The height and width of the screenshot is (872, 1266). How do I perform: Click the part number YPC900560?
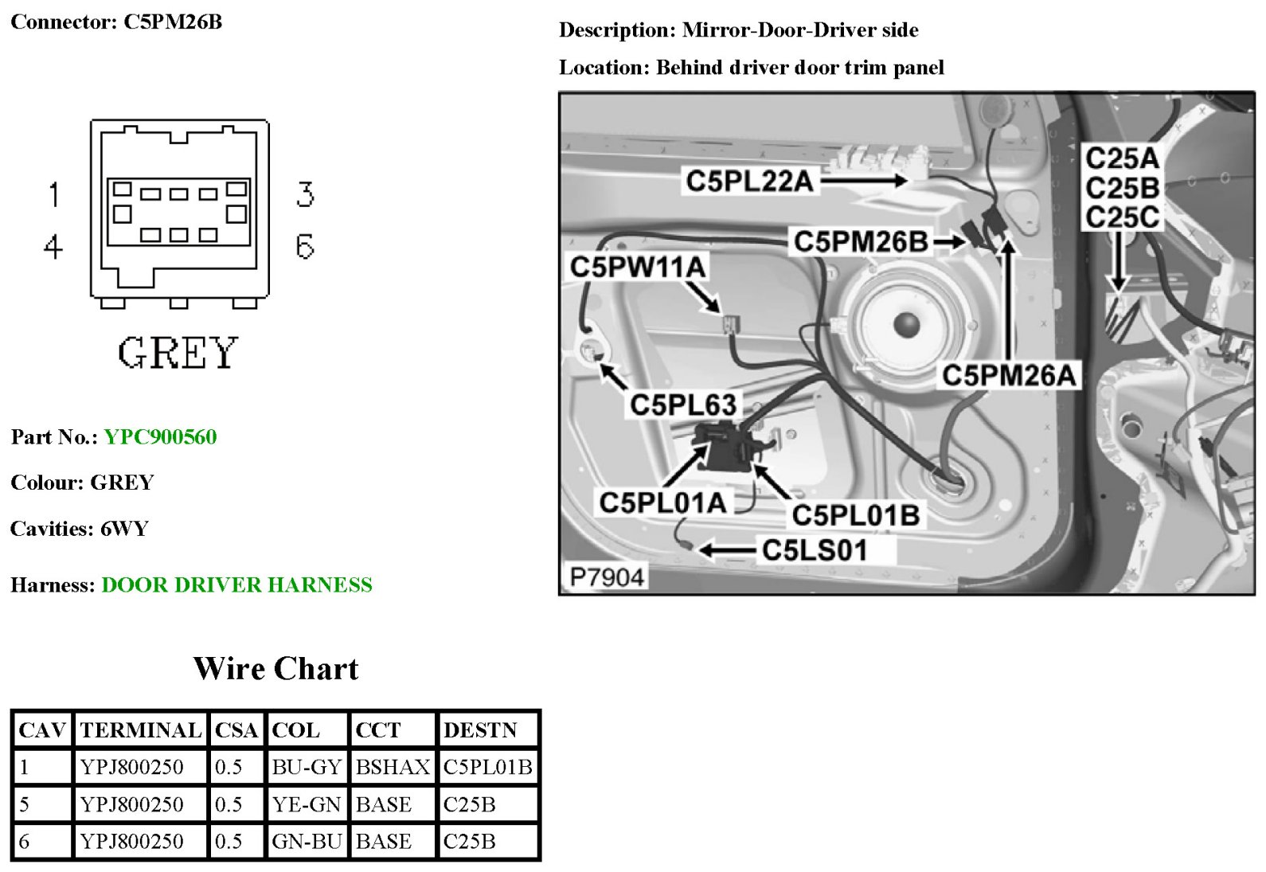[x=160, y=436]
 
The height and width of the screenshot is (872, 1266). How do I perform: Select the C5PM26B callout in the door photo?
[x=860, y=241]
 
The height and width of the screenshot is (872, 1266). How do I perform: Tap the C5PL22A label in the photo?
[x=749, y=182]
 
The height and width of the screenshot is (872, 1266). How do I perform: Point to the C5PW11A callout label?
[x=638, y=267]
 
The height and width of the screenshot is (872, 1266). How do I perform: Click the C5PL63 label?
[x=683, y=405]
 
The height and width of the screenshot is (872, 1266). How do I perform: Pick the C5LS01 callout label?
[x=814, y=550]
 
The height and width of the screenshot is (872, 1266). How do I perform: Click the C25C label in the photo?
[x=1121, y=217]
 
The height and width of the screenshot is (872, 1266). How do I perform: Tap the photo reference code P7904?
[x=607, y=577]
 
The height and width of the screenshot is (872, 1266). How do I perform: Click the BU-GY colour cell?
[x=307, y=767]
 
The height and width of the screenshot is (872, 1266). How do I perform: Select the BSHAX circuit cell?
[x=393, y=767]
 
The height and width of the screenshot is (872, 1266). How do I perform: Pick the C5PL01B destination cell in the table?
[x=487, y=767]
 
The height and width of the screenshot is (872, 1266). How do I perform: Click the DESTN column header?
[x=480, y=729]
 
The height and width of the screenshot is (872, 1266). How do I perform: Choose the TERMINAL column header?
[x=141, y=729]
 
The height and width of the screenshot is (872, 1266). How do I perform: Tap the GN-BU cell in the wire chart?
[x=307, y=841]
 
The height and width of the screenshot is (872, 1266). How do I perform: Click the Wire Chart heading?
[x=275, y=668]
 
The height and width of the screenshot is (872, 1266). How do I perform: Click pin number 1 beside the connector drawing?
[x=53, y=194]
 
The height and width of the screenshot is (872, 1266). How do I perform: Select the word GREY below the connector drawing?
[x=178, y=353]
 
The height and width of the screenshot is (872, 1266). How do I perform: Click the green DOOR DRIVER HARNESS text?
[x=236, y=585]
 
